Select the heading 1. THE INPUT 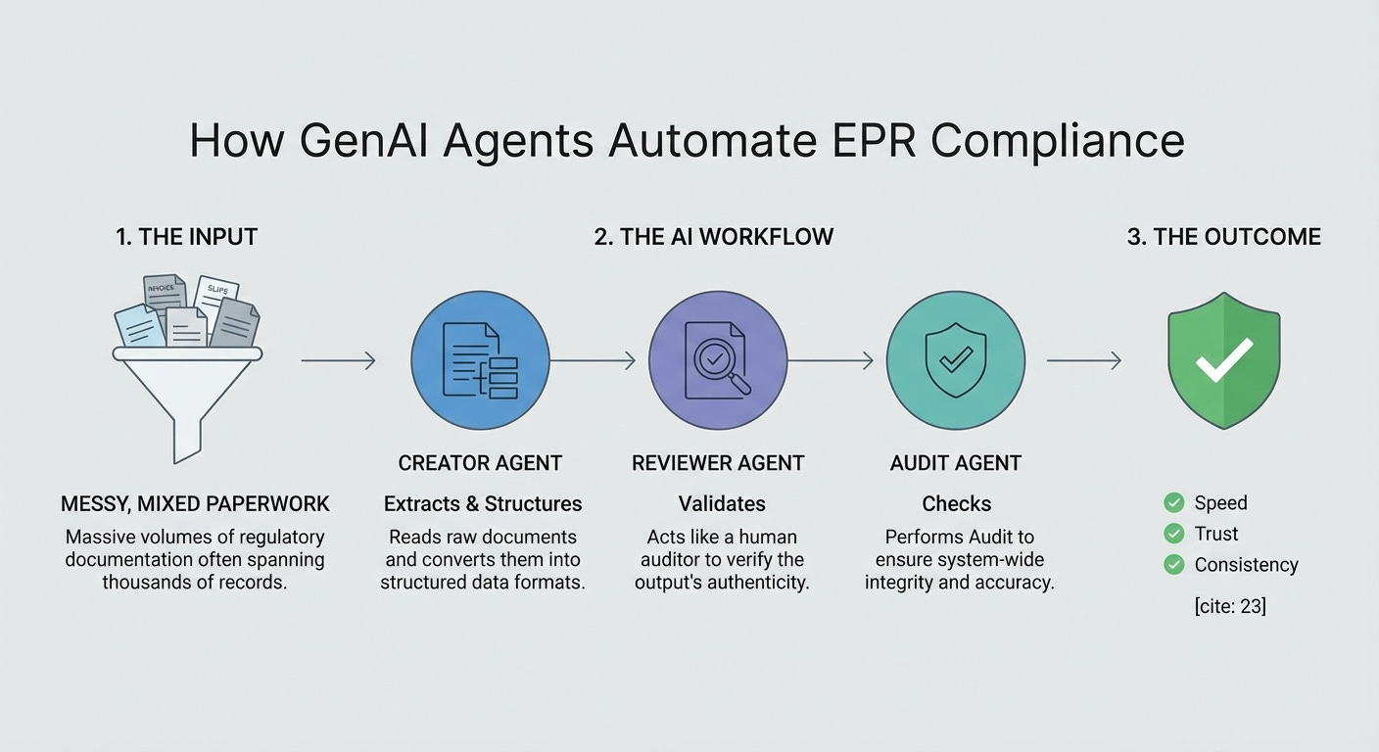tap(186, 237)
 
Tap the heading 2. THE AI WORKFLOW tap(713, 237)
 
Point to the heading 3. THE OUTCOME tap(1223, 237)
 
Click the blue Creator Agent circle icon tap(480, 360)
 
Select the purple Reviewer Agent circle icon tap(718, 360)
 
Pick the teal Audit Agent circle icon tap(955, 360)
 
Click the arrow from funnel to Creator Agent tap(338, 361)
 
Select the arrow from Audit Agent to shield tap(1083, 361)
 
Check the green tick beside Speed tap(1173, 502)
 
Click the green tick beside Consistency tap(1173, 564)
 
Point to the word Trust tap(1216, 534)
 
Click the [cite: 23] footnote tap(1230, 606)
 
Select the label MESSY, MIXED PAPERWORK tap(195, 504)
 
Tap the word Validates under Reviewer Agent tap(722, 504)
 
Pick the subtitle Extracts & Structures tap(483, 504)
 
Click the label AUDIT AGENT tap(956, 463)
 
